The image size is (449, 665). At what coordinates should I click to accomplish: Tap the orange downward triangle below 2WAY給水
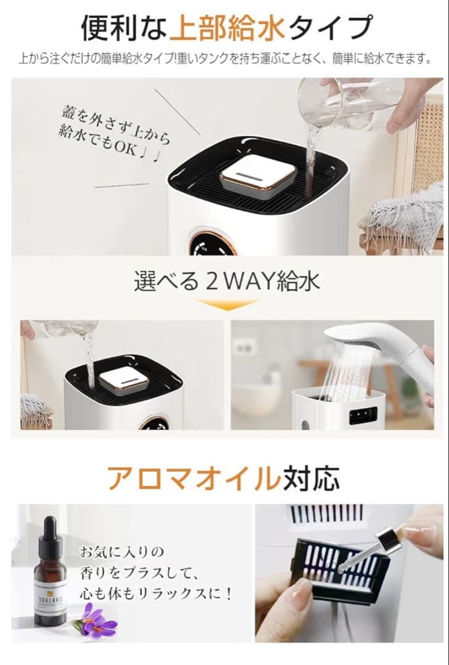pyautogui.click(x=226, y=304)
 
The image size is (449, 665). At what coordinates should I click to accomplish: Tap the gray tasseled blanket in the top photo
pyautogui.click(x=406, y=216)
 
